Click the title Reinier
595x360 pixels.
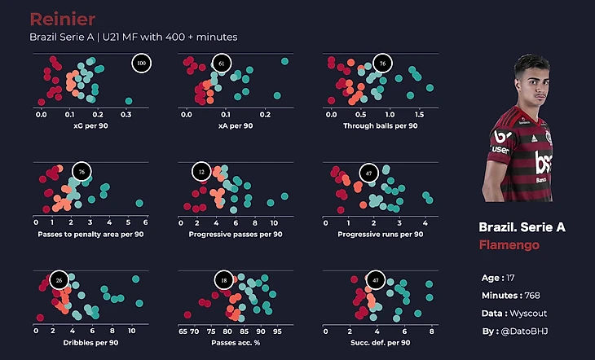tap(62, 19)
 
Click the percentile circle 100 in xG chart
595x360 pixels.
tap(141, 64)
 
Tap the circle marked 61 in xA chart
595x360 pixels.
tap(222, 64)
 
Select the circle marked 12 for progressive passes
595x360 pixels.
tap(202, 173)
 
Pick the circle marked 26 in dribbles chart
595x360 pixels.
tap(58, 281)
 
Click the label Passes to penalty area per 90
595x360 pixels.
tap(90, 235)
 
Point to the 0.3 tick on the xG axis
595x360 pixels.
tap(126, 115)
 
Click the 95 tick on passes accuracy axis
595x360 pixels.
tap(277, 331)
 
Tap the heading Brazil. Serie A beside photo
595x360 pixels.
tap(522, 227)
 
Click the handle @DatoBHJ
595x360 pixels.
tap(525, 331)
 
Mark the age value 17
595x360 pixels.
tap(510, 278)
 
